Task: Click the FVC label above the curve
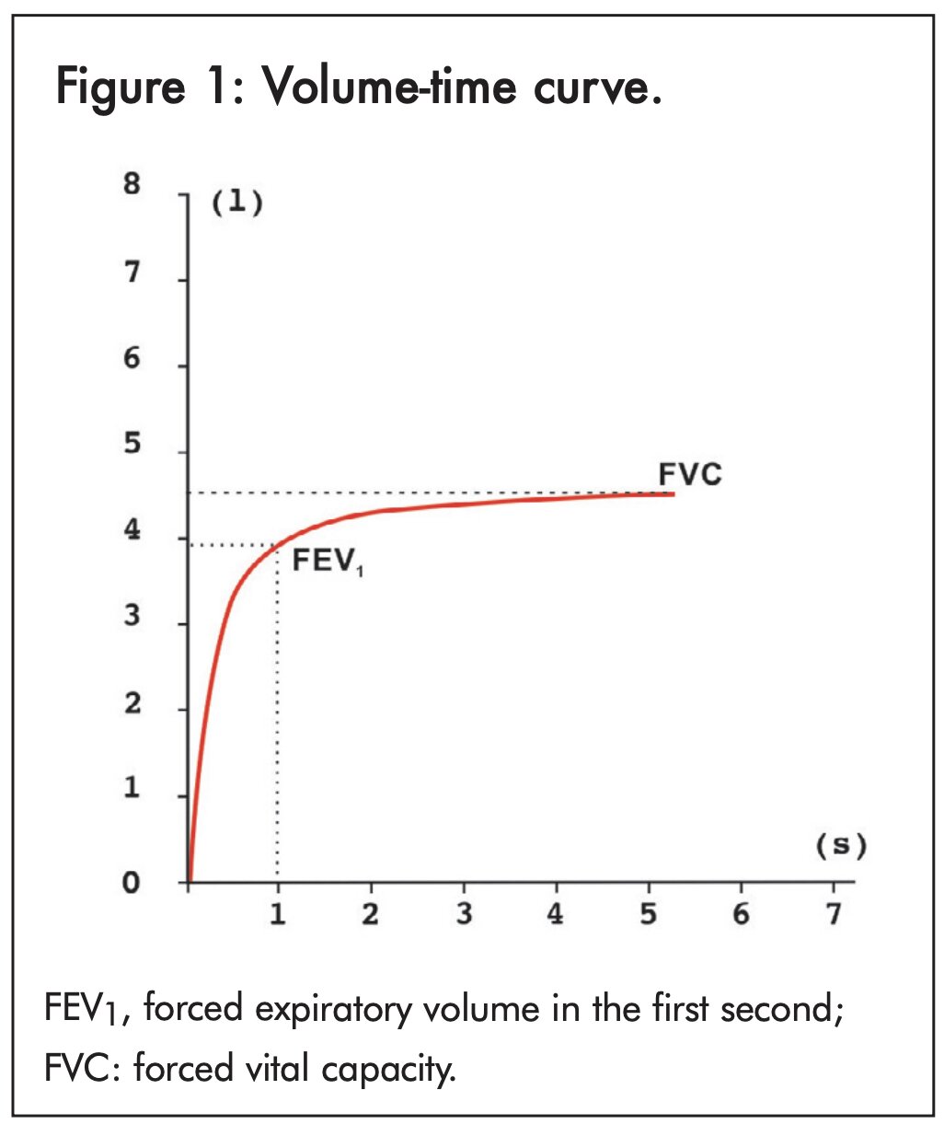690,474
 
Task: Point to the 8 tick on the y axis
132,184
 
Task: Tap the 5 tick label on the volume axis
132,444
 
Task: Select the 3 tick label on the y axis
132,615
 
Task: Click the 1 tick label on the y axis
132,789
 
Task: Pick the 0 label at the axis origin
132,883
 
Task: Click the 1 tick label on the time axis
277,914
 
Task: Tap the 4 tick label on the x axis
555,914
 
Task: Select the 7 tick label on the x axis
834,914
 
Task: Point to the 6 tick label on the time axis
741,914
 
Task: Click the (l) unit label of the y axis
237,203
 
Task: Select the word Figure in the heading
120,89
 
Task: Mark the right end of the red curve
673,494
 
